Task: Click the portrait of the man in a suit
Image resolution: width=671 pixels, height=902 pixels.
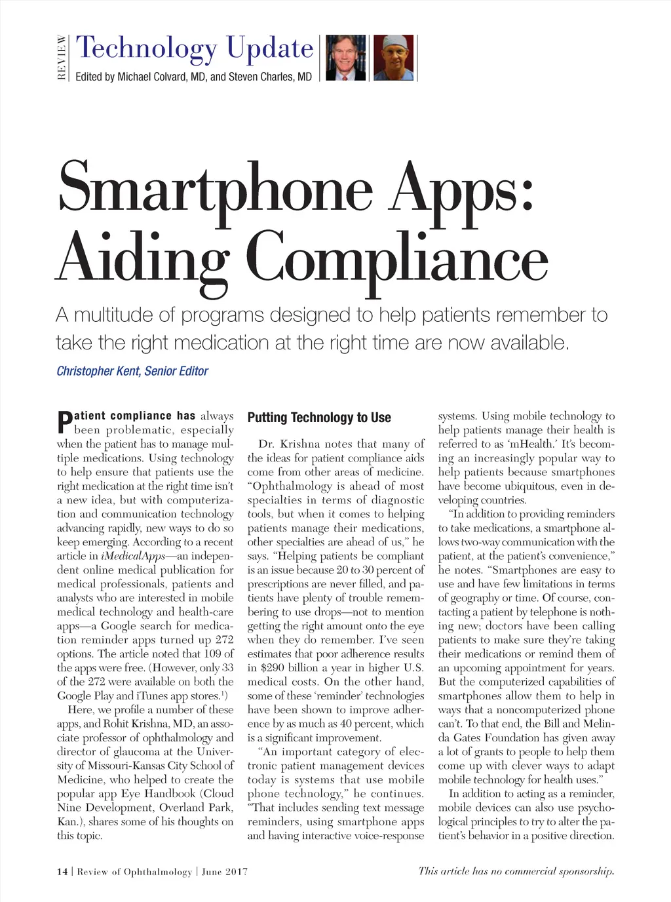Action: point(345,58)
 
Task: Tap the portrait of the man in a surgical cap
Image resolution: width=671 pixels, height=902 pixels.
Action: point(394,58)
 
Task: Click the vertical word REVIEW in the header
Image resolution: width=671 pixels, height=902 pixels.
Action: point(62,58)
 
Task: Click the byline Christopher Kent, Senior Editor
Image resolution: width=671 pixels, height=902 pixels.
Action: point(132,371)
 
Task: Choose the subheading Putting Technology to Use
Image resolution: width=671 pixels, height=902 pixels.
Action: point(319,418)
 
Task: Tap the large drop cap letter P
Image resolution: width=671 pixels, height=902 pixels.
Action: point(64,423)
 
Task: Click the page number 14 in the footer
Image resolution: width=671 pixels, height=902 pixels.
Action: point(62,871)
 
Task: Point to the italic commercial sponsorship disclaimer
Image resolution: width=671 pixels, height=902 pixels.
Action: point(516,871)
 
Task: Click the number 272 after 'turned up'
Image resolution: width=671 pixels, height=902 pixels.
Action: point(224,640)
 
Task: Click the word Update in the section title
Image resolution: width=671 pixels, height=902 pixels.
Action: point(270,48)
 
